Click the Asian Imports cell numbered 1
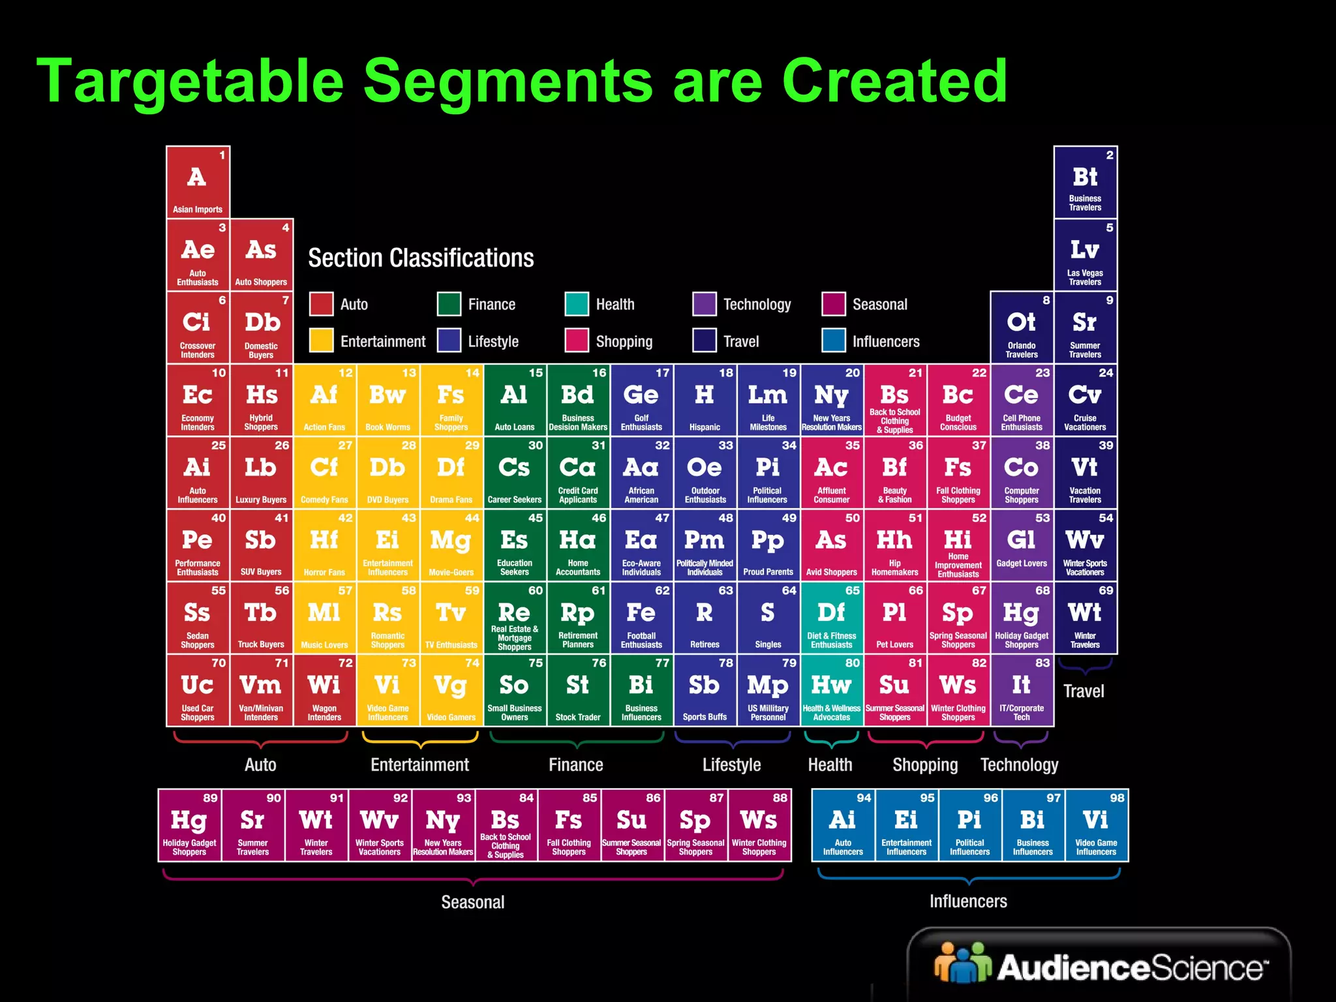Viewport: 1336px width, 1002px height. pos(198,182)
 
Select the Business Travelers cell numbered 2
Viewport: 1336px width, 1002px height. pos(1085,182)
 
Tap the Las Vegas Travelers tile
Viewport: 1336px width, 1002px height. pos(1085,255)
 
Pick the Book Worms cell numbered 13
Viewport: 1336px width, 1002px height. pos(388,400)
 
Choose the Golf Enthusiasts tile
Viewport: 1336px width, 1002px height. pos(641,400)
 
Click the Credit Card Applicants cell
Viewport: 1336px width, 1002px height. pos(578,473)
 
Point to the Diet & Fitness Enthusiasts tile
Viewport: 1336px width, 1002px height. pos(831,618)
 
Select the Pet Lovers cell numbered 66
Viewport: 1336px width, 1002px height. pos(894,618)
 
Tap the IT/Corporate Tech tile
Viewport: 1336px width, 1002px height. pos(1022,691)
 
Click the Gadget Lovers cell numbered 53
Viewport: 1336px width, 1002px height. pos(1022,545)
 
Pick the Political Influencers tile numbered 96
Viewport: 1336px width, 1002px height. pos(969,825)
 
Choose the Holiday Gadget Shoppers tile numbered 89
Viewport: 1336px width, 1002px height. pos(189,825)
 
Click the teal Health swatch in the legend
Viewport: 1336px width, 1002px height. pos(577,304)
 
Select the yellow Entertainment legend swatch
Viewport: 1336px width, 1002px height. pos(321,341)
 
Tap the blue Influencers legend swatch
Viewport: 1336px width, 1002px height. pos(834,341)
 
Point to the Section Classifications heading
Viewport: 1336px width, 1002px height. pos(421,258)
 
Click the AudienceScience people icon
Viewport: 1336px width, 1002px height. pos(962,963)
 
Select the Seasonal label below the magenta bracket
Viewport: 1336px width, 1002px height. pos(473,902)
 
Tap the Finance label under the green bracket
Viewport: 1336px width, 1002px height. pos(575,765)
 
